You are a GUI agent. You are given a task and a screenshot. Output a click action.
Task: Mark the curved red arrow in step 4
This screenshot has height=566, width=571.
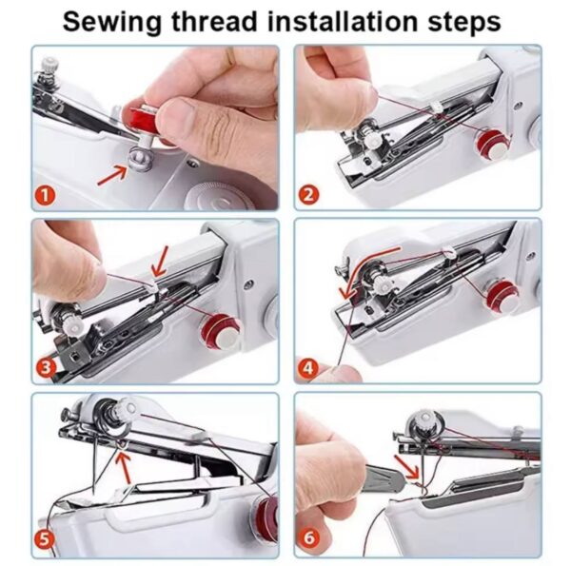[352, 276]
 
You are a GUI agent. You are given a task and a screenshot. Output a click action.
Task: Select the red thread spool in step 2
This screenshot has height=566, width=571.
[494, 145]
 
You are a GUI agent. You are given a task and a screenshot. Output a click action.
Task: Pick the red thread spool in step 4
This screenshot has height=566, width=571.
[502, 298]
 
